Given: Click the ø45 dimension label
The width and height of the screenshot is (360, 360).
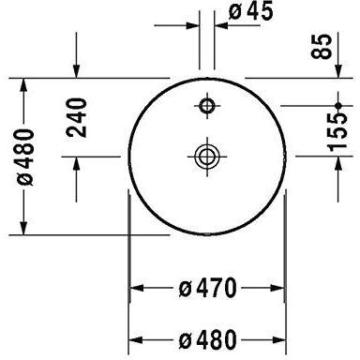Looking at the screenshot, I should (x=251, y=14).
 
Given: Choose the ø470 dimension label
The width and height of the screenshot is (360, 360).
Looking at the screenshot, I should (x=208, y=286).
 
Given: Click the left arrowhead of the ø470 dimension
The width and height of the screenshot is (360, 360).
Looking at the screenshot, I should (x=134, y=286).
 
